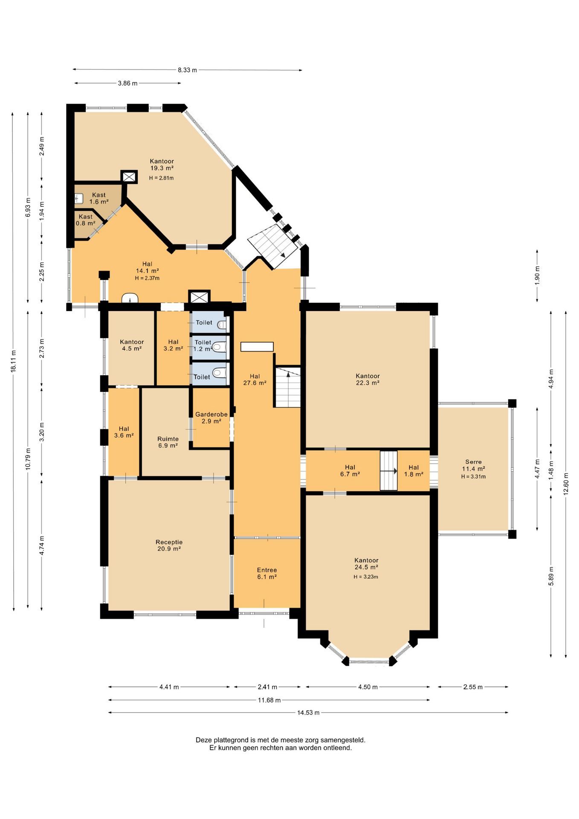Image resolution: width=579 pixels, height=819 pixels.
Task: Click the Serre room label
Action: tap(473, 465)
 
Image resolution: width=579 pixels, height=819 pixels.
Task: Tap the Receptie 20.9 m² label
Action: tap(169, 546)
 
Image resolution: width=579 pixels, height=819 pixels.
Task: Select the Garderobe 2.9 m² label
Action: tap(211, 418)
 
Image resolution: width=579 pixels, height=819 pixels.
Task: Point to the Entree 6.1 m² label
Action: tap(267, 573)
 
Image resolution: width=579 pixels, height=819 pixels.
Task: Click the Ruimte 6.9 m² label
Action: tap(168, 442)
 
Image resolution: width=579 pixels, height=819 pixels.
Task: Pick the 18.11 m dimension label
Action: tap(14, 361)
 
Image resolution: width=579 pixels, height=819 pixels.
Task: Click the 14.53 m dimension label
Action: tap(308, 712)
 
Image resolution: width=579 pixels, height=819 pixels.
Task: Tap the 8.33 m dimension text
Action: tap(187, 70)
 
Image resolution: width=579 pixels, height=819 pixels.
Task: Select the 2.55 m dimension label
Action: tap(473, 687)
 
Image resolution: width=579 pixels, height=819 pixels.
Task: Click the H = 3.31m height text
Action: tap(473, 477)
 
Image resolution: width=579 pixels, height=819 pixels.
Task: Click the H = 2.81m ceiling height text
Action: tap(162, 178)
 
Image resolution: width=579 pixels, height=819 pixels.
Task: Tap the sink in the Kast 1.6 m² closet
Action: tap(79, 199)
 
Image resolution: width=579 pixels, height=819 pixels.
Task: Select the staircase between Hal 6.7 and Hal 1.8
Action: tap(388, 470)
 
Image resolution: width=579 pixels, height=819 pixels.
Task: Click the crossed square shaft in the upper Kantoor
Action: tap(129, 177)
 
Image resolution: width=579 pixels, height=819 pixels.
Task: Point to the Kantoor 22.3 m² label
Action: tap(368, 379)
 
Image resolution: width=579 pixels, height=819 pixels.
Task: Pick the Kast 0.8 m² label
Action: tap(85, 220)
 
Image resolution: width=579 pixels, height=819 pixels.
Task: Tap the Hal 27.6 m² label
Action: tap(255, 379)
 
